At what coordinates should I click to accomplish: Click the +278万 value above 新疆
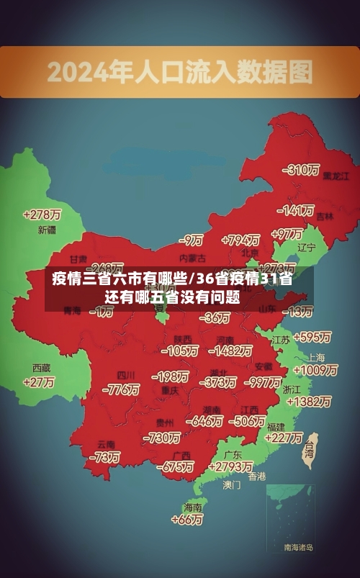tap(42, 215)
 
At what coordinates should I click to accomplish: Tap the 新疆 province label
tap(47, 230)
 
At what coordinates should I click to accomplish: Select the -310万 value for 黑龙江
tap(301, 170)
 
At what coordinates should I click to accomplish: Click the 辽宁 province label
tap(307, 248)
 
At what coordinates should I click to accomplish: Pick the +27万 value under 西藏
tap(38, 382)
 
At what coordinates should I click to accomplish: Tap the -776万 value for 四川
tap(121, 389)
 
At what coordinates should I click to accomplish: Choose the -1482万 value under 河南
tap(230, 351)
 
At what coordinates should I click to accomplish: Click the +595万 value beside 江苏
tap(312, 337)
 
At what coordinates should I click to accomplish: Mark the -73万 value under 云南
tap(104, 457)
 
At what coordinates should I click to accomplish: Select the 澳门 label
tap(231, 485)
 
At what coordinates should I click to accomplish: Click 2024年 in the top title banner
tap(77, 71)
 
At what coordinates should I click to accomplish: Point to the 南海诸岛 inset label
tap(298, 548)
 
